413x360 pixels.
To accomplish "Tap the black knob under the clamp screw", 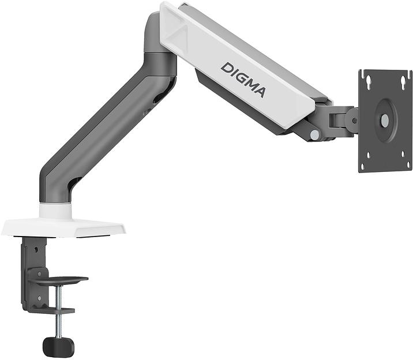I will (58, 346).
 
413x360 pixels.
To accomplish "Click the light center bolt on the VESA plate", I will (385, 121).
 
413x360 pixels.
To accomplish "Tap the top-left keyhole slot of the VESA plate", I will (367, 82).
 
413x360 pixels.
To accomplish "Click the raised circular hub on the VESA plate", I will (384, 121).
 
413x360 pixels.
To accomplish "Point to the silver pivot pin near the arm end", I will (314, 134).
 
